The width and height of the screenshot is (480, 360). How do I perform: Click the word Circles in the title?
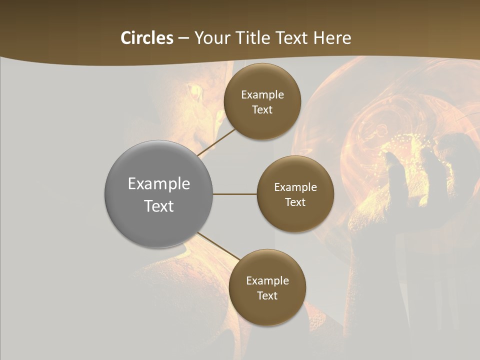[147, 38]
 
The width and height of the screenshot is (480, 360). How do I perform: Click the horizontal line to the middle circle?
[234, 194]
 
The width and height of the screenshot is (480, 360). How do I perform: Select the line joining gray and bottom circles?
[218, 246]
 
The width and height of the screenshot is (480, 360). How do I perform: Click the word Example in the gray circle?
[159, 184]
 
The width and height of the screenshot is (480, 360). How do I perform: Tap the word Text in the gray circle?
[159, 206]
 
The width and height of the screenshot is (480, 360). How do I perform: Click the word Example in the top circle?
[262, 95]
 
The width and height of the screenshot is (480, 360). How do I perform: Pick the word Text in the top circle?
[262, 110]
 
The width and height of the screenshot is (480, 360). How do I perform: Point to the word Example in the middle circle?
[295, 187]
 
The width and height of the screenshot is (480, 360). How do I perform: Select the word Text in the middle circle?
[295, 202]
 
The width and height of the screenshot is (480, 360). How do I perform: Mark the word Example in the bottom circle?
[267, 281]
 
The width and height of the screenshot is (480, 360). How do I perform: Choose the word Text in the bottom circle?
[267, 296]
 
